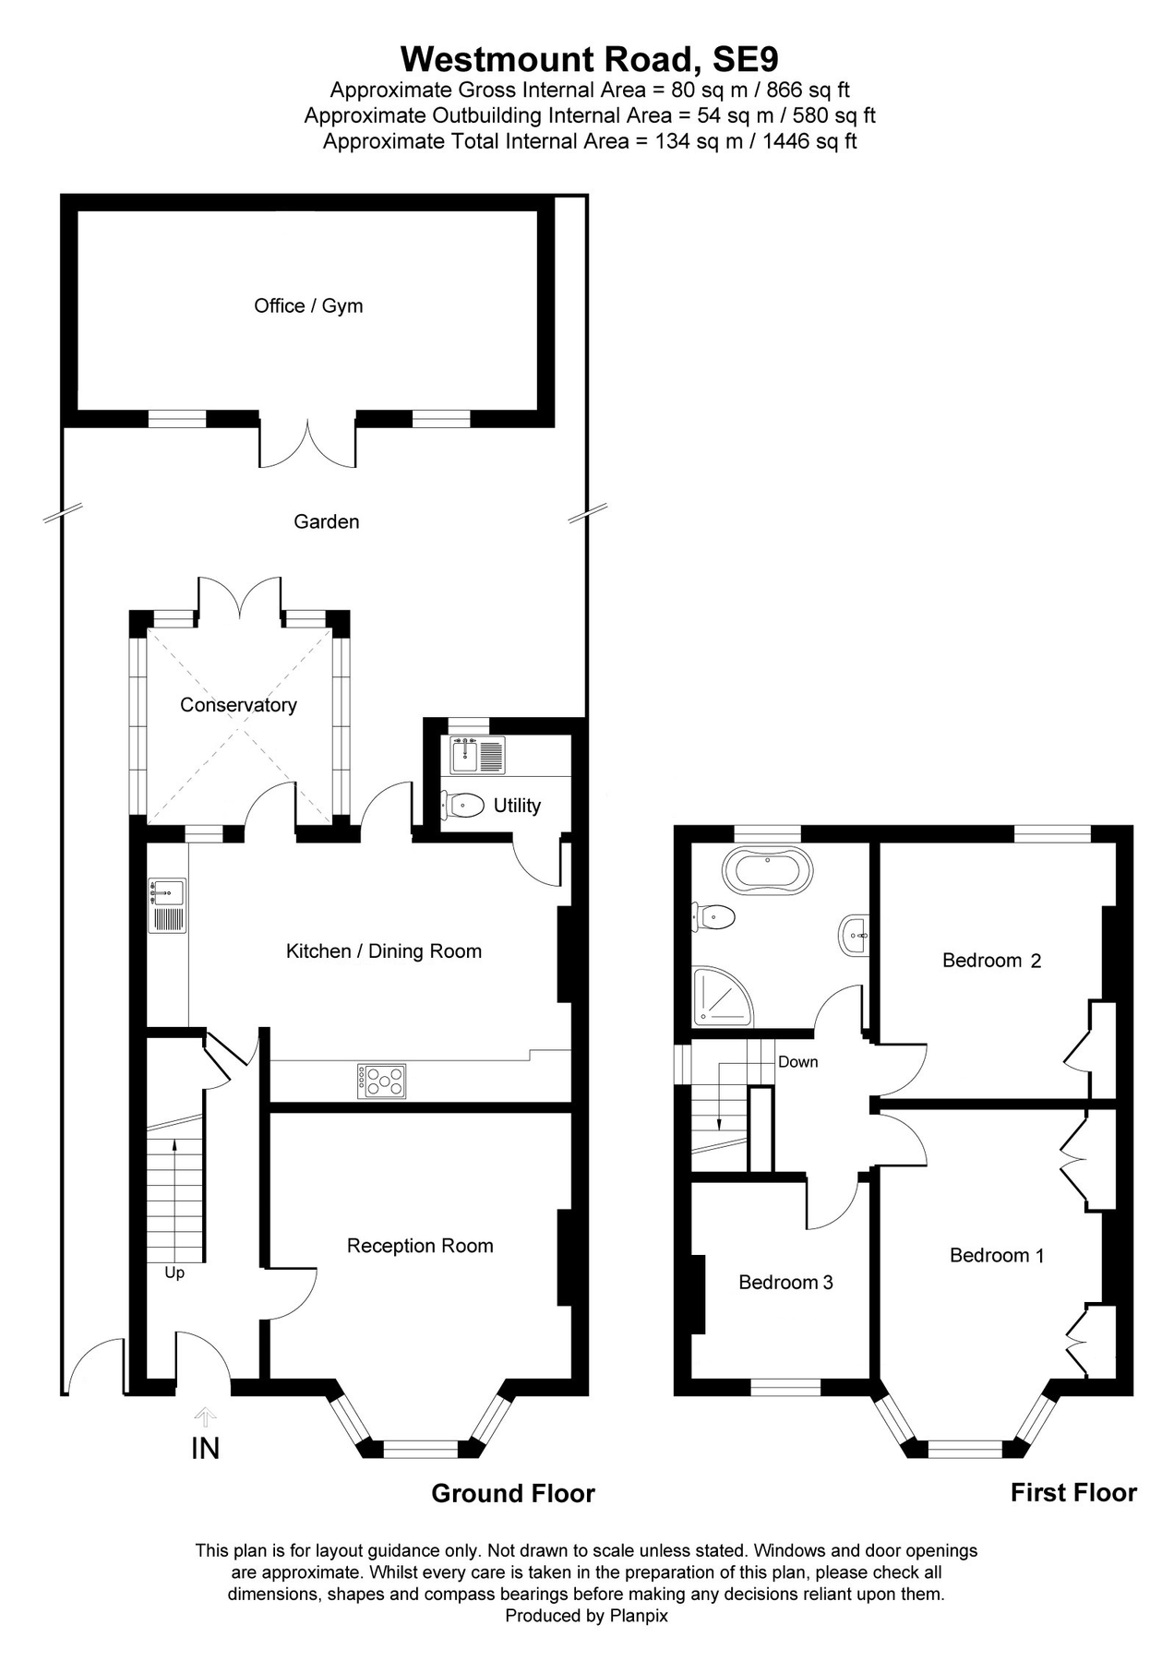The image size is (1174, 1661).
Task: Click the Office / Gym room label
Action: coord(308,305)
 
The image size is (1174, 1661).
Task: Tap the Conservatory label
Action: coord(238,705)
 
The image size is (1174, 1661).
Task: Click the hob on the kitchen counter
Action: coord(381,1081)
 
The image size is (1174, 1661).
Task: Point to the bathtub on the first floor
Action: coord(769,871)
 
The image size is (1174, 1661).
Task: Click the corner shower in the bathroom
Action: coord(723,997)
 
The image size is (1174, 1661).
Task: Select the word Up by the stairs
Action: coord(174,1273)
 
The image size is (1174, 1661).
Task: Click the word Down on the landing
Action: coord(797,1061)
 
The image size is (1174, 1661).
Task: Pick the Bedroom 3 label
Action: coord(785,1282)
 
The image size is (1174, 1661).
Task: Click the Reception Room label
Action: coord(420,1246)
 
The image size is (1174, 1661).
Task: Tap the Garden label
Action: coord(326,521)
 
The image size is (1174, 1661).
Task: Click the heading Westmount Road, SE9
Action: coord(589,59)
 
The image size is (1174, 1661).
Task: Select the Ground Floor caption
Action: coord(513,1493)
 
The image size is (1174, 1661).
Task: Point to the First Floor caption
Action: coord(1073,1492)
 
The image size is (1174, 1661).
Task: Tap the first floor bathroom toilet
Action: coord(717,916)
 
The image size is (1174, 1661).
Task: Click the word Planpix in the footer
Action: coord(639,1616)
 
